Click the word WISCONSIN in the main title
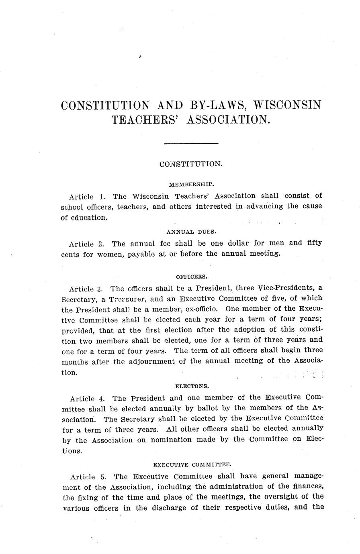[288, 105]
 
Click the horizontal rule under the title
[191, 143]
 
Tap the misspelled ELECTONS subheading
[192, 386]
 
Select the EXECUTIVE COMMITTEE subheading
[192, 464]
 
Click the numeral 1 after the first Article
[102, 197]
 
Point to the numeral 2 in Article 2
[102, 244]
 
